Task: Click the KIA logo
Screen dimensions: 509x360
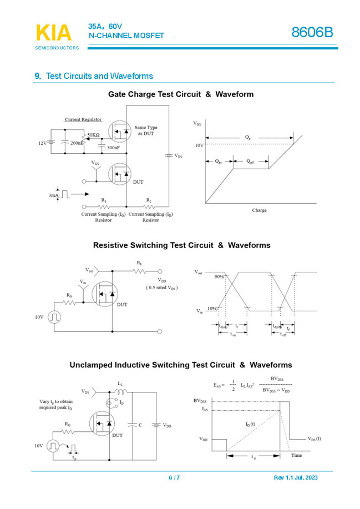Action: click(54, 33)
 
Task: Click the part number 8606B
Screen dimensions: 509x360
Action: click(312, 33)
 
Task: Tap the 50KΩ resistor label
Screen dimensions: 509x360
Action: click(93, 135)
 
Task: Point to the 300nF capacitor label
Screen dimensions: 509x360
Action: click(113, 148)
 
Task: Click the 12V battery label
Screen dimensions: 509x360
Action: click(43, 143)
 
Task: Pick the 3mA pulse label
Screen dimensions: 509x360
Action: click(54, 195)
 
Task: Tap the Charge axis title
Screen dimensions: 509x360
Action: click(259, 210)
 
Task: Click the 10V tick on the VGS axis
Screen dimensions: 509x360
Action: click(199, 145)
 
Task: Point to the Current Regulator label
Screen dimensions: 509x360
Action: click(83, 119)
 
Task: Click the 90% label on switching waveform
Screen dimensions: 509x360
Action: click(220, 276)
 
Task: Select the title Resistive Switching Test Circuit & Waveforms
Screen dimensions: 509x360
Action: click(181, 245)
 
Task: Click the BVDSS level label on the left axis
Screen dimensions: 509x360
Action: click(200, 401)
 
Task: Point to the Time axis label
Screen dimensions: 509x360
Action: click(297, 455)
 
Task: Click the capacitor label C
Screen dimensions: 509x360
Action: click(140, 425)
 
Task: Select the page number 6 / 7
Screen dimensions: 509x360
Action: click(174, 478)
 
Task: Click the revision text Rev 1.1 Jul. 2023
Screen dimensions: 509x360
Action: click(296, 478)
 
